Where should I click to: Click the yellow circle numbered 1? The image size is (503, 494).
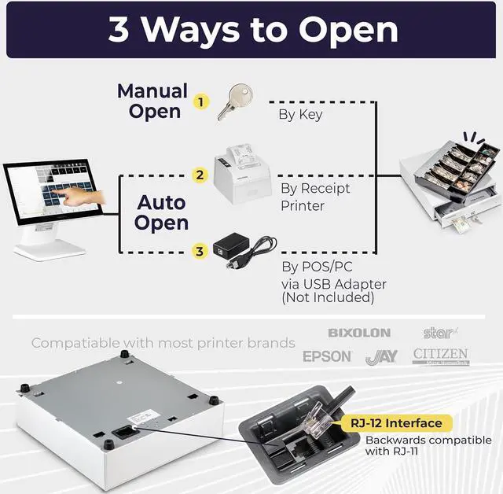coord(202,101)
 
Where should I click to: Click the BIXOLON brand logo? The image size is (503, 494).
coord(358,334)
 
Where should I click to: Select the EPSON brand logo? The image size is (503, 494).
coord(328,356)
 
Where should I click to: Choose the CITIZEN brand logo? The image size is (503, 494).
coord(440,356)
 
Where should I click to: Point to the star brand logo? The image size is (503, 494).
coord(439,333)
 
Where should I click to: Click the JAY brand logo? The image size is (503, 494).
coord(381,357)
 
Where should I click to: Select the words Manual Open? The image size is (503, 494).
coord(154,101)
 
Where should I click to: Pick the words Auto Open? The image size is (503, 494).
coord(160,212)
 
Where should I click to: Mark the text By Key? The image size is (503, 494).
coord(300,114)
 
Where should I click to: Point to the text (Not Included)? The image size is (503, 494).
coord(328,297)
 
